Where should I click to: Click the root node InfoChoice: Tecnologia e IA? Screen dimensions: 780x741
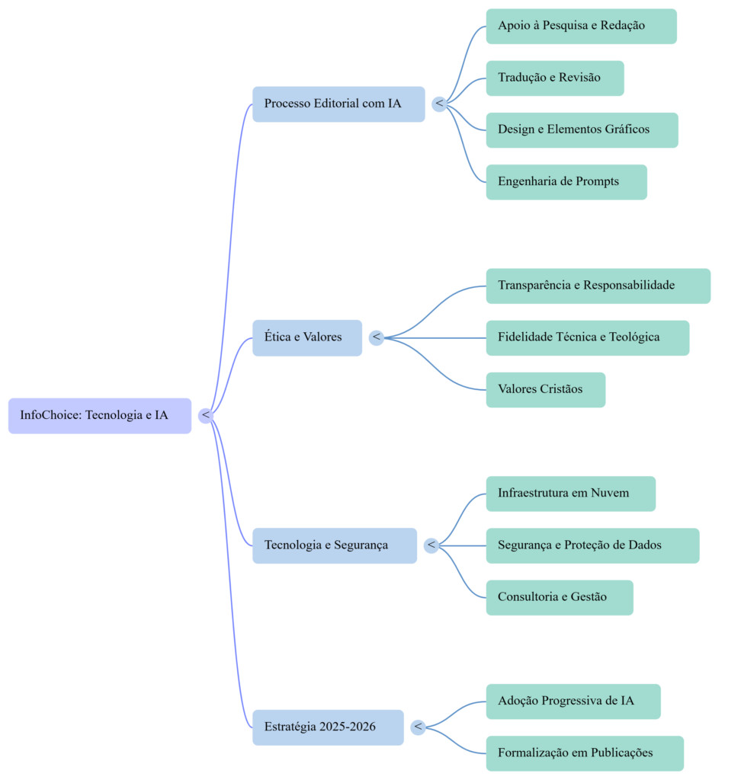[99, 416]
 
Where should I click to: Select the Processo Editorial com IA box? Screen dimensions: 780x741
[338, 104]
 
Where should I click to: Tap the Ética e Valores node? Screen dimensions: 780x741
[307, 337]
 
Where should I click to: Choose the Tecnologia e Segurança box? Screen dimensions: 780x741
[334, 545]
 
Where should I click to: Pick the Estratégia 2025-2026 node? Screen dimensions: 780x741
[328, 727]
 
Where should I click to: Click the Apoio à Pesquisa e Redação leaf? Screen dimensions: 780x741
[581, 26]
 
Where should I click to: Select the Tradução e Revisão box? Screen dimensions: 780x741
[555, 78]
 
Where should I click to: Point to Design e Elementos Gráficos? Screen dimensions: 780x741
[582, 129]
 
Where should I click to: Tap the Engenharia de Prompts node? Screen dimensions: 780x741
[566, 181]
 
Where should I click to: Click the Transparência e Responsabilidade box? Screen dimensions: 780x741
[598, 286]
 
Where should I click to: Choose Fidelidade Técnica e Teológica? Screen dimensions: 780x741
[588, 337]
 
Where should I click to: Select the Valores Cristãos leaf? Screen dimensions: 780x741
[546, 389]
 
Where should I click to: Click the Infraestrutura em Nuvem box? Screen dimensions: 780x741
[570, 494]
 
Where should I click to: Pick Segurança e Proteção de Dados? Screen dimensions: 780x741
[592, 545]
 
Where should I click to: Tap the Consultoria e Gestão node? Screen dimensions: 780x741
[560, 597]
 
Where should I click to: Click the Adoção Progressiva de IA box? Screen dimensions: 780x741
[573, 702]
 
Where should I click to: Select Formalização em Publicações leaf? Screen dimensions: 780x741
[585, 753]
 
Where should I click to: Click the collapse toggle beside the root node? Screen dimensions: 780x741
[205, 415]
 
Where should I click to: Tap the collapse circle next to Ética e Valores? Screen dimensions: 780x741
[376, 337]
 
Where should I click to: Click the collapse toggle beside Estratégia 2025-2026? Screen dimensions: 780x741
[417, 727]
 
